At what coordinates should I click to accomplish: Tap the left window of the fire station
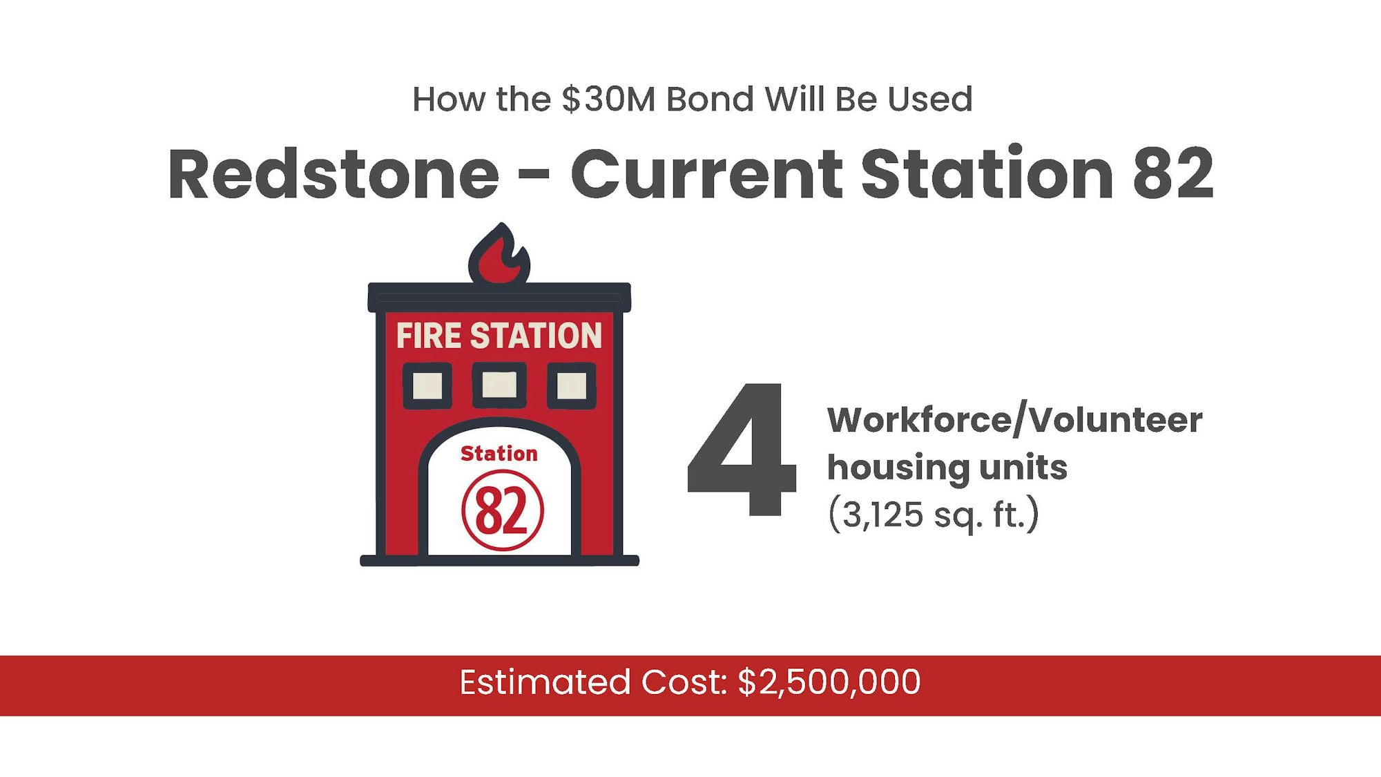[427, 385]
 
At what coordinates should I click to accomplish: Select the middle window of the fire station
[499, 385]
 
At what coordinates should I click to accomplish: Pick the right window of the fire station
[572, 385]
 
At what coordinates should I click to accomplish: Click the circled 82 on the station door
[503, 510]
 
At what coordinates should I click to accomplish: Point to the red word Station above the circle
[499, 454]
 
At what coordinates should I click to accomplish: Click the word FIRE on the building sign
[429, 336]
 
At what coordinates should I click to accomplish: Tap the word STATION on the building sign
[536, 336]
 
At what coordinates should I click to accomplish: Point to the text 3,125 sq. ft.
[934, 515]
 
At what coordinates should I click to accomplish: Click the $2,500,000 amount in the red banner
[829, 682]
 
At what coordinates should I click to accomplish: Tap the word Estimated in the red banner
[545, 682]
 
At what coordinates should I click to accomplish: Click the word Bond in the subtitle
[710, 99]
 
